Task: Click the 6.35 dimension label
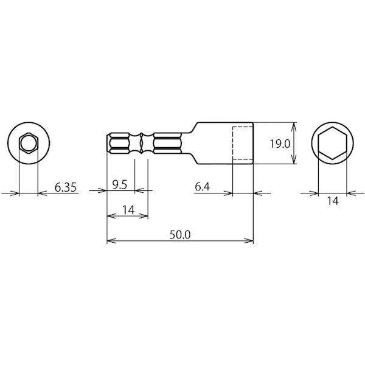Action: point(66,187)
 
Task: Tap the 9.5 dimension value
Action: point(120,185)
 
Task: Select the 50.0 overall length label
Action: point(180,235)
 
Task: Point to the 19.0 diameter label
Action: point(280,144)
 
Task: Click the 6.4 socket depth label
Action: point(203,187)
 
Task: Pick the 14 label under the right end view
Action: point(333,201)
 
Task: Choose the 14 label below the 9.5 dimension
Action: point(128,210)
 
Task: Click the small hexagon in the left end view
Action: point(29,133)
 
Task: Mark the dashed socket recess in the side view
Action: point(233,143)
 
